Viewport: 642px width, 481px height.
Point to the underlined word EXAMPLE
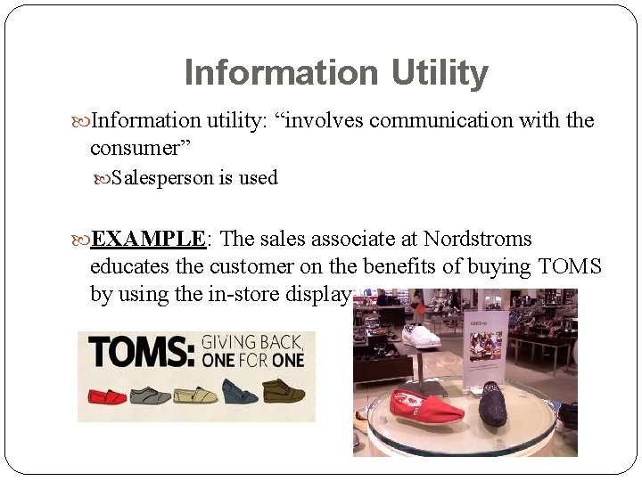click(x=149, y=240)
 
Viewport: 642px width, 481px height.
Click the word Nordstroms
click(x=478, y=240)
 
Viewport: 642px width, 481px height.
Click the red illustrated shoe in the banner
click(x=106, y=395)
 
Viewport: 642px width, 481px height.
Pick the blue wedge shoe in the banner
click(x=240, y=392)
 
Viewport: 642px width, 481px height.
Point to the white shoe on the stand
click(x=421, y=336)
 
